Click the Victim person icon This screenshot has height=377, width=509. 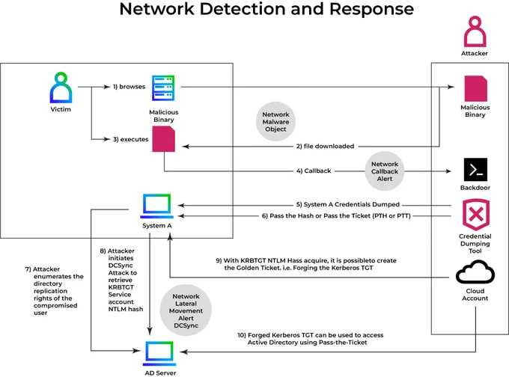61,88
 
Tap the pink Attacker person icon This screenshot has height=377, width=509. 475,31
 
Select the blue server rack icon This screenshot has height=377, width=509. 163,88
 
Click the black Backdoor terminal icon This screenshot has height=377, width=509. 475,169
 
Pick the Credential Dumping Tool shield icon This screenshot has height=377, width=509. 475,215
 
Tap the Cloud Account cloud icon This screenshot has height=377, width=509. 475,272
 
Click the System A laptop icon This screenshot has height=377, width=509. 156,206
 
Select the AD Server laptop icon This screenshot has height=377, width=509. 159,353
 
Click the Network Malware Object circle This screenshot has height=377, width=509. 275,122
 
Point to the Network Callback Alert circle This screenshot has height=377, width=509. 384,171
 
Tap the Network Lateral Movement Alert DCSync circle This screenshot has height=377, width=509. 186,310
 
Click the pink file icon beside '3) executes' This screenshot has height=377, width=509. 164,139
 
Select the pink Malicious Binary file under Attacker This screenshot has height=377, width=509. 475,88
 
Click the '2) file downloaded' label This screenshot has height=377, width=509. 325,147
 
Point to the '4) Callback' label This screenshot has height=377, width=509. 314,171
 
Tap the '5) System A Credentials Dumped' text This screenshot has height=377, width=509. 347,204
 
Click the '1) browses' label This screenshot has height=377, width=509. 129,87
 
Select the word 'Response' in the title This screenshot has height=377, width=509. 371,9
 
